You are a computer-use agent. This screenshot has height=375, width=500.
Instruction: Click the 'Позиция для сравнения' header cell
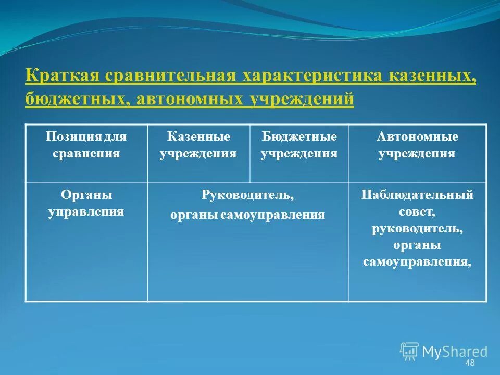[x=86, y=145]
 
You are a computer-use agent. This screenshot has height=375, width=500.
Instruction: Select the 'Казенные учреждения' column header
[x=198, y=145]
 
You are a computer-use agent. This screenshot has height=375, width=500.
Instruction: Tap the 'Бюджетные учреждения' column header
[x=299, y=145]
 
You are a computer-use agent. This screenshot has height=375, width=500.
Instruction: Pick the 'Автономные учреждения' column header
[x=417, y=145]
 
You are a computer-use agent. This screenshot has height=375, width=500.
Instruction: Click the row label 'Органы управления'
[x=86, y=203]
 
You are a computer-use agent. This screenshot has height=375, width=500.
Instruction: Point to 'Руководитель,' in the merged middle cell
[x=247, y=195]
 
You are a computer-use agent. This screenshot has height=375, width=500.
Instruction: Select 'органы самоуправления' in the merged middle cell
[x=247, y=215]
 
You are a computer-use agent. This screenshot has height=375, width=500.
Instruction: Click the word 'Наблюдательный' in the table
[x=417, y=195]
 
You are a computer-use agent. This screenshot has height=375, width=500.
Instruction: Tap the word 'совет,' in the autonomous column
[x=417, y=212]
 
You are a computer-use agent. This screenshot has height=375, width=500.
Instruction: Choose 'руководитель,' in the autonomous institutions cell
[x=417, y=229]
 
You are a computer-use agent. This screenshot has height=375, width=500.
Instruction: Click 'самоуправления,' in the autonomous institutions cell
[x=417, y=262]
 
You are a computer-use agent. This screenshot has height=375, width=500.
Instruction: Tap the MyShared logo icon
[x=409, y=351]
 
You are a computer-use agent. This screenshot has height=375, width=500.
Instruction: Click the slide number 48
[x=470, y=362]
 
